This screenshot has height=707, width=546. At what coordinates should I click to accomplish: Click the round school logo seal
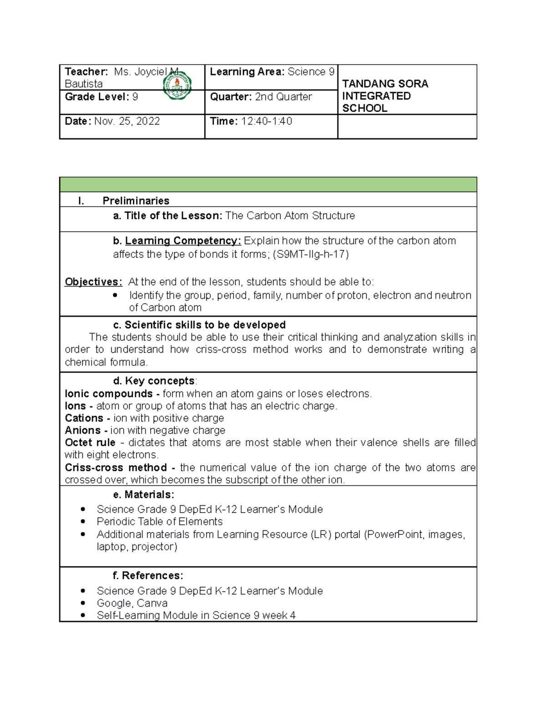177,85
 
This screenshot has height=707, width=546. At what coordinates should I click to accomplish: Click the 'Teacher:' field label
86,72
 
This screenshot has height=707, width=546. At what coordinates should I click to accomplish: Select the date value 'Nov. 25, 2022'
127,121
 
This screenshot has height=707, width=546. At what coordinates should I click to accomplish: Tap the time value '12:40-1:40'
267,121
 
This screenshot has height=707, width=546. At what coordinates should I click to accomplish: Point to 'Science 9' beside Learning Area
311,72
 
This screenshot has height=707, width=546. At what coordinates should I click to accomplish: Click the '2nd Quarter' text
283,97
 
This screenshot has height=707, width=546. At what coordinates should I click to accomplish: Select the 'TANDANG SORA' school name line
385,84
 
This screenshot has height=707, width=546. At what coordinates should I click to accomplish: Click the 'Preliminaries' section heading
136,201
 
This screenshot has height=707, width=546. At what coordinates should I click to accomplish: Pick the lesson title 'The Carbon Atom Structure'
290,216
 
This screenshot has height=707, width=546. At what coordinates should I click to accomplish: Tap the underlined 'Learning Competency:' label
183,241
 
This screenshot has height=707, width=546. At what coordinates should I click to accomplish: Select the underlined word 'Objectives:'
93,282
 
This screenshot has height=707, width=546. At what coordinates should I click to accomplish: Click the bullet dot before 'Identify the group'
115,295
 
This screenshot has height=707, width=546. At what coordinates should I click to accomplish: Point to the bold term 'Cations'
84,418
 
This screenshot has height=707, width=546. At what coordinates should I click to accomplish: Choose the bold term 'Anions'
83,430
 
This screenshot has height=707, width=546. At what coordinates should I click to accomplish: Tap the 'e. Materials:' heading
143,494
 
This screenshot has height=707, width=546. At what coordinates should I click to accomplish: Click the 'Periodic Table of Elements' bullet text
160,522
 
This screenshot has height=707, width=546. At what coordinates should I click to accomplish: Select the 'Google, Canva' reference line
132,603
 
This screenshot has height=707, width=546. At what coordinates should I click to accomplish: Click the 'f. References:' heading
148,575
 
